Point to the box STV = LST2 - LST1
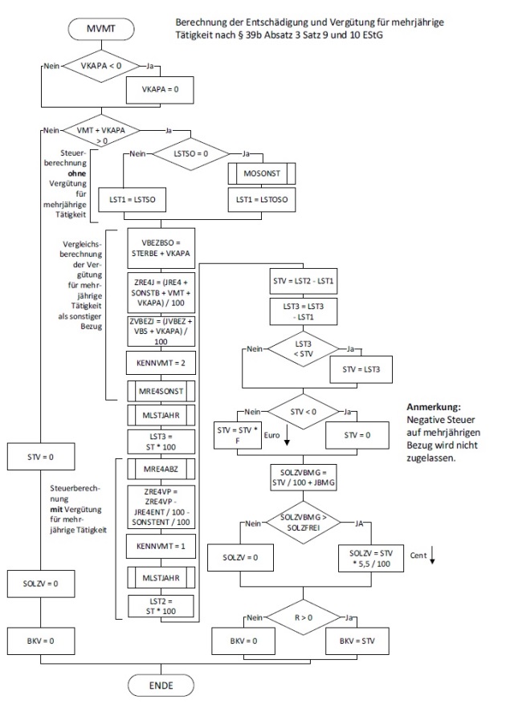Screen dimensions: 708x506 [x=310, y=280]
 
